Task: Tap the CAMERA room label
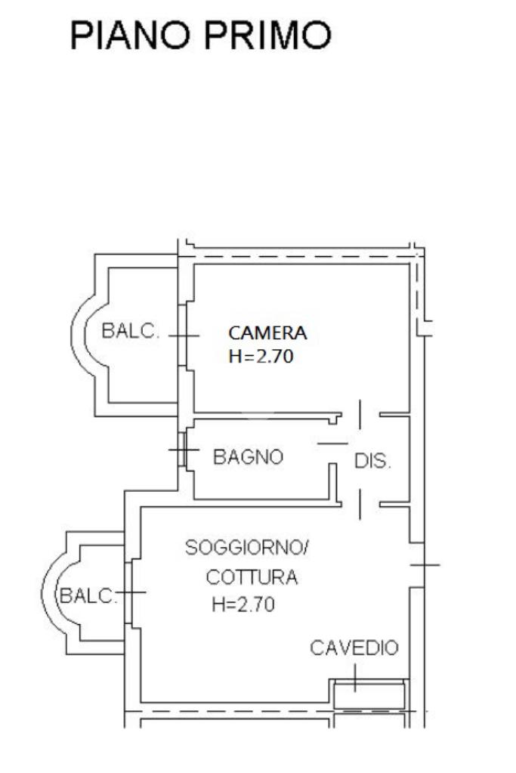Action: click(267, 332)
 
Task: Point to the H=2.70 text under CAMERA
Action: click(260, 357)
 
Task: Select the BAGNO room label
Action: click(248, 457)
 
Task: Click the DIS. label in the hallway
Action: click(373, 461)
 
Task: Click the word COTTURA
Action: click(252, 578)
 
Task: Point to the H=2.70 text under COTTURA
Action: click(243, 604)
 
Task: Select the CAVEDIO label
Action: click(354, 648)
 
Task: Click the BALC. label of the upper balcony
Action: click(131, 331)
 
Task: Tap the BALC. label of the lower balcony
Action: click(88, 595)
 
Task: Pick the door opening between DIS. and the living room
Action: click(360, 502)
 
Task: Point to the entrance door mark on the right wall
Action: click(425, 564)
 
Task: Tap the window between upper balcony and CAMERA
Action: click(183, 335)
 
